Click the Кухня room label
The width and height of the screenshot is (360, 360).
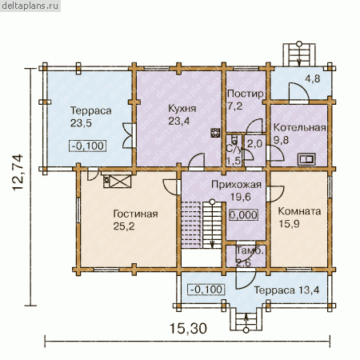tap(182, 109)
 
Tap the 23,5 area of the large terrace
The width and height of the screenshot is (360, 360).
tap(81, 123)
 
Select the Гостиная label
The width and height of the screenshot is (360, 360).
tap(135, 214)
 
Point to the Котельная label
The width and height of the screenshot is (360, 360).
tap(299, 127)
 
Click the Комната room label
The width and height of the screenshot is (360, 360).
tap(299, 211)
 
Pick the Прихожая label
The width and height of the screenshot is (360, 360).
tap(236, 185)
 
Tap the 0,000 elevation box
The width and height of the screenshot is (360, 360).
tap(243, 215)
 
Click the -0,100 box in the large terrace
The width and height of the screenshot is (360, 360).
tap(88, 146)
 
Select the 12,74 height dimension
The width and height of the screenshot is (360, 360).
tap(18, 172)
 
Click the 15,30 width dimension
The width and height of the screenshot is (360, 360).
tap(188, 328)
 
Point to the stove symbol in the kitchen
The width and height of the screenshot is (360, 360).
tap(215, 133)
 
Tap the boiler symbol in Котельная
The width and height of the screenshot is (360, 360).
tap(306, 159)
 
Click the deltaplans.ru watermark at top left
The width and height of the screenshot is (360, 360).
tap(30, 6)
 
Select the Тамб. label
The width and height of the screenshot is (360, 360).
tap(250, 250)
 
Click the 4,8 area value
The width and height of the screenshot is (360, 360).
tap(312, 79)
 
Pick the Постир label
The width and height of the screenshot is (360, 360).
tap(246, 94)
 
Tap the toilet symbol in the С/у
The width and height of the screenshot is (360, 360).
tap(234, 139)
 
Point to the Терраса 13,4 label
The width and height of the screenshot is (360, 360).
tap(286, 290)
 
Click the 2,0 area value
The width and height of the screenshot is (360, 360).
tap(254, 144)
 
